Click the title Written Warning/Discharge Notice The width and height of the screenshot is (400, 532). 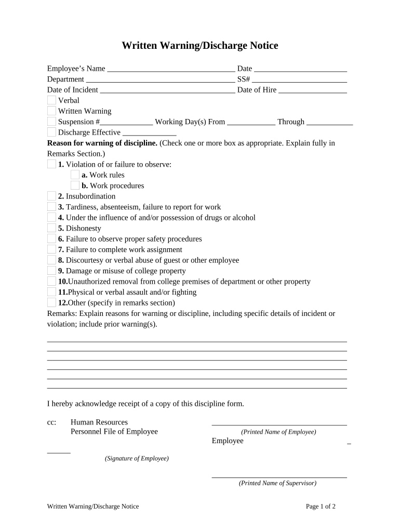(199, 46)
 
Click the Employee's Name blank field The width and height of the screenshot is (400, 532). (170, 69)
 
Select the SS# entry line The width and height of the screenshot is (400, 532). (299, 79)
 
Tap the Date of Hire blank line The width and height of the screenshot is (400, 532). (313, 90)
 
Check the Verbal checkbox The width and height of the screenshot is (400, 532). (51, 100)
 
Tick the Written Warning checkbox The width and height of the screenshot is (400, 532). (51, 111)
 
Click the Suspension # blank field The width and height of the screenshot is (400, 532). (126, 122)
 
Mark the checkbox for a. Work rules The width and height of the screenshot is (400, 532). (75, 175)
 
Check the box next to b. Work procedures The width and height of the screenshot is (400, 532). (75, 185)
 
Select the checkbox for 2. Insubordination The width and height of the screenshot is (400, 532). (51, 196)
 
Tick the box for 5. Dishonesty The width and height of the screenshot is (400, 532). (51, 228)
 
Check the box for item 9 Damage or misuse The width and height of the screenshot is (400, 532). (51, 271)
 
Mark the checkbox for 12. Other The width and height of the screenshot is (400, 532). (51, 302)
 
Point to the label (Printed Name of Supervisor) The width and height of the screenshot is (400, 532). (277, 483)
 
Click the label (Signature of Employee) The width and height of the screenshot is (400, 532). (137, 458)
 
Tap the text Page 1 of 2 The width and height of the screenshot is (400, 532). (321, 507)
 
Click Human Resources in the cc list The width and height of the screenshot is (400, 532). (99, 422)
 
